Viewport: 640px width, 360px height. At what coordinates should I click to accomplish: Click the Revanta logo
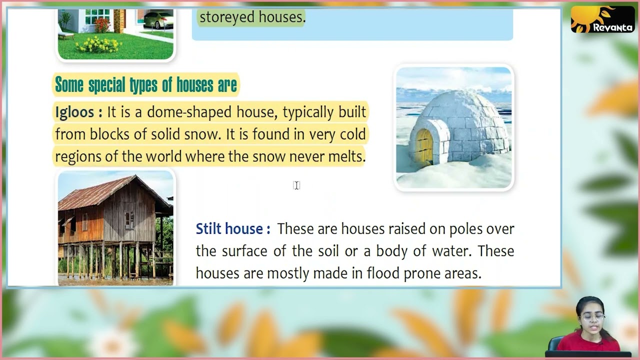[602, 19]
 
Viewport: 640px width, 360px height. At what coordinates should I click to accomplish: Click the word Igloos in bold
[75, 112]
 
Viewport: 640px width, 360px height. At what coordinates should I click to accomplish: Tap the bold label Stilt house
[229, 229]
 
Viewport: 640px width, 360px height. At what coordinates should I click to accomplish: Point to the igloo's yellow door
[424, 146]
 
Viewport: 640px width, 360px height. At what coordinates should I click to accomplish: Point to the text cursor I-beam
[296, 185]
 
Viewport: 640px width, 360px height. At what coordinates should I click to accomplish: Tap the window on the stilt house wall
[129, 219]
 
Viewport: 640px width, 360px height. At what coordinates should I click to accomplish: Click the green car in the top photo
[158, 19]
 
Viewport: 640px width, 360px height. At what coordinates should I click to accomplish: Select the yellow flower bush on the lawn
[98, 45]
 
